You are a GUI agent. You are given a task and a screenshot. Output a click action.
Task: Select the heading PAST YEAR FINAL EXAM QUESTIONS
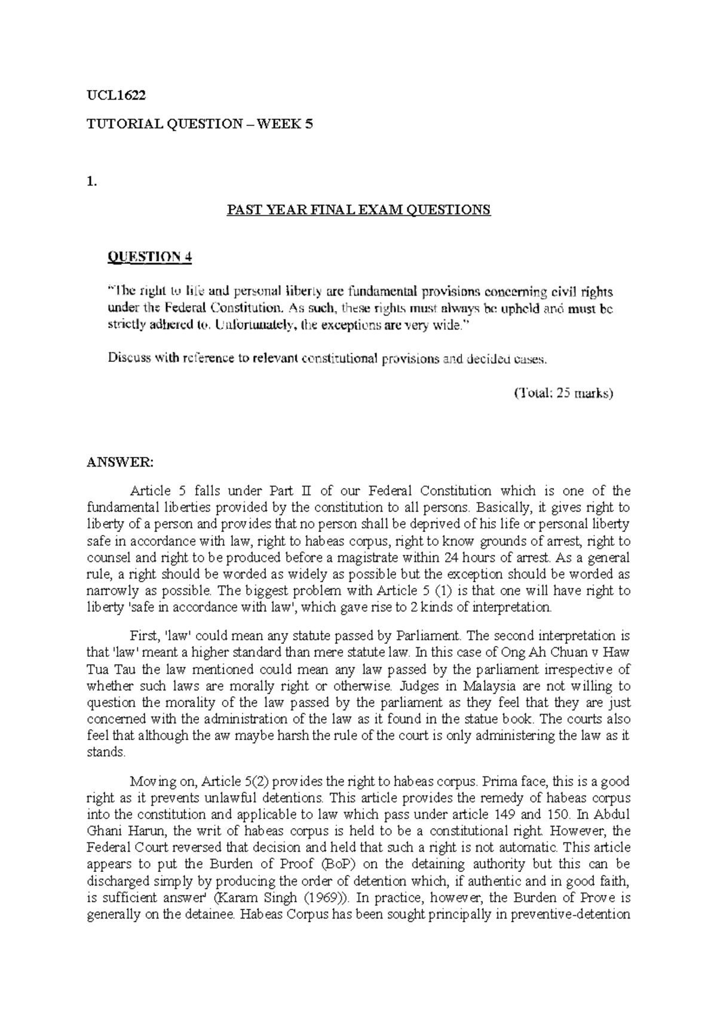[x=358, y=210]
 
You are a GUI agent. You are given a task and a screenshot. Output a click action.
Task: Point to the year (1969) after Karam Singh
[x=327, y=898]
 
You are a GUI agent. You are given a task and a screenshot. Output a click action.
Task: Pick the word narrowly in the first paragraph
[x=110, y=591]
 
